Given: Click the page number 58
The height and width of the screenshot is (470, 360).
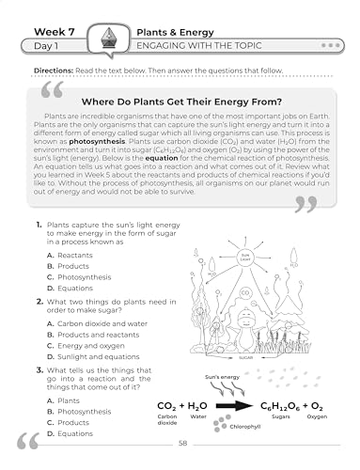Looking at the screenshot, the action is click(182, 443).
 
